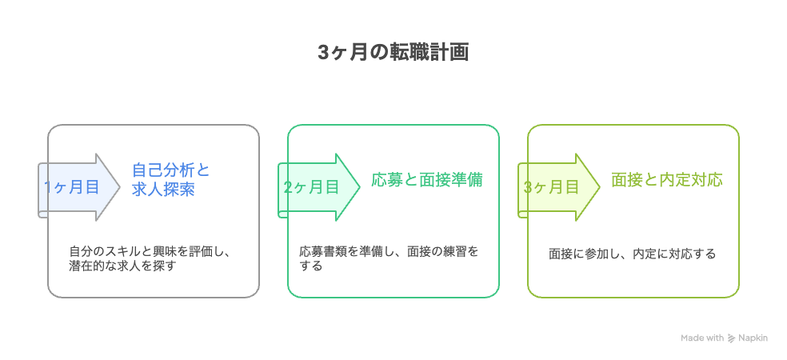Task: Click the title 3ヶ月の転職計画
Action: [393, 53]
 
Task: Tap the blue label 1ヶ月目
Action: [70, 187]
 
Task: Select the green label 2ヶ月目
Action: [311, 187]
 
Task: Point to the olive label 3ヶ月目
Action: [551, 187]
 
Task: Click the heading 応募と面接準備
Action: [427, 179]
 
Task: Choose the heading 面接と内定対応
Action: [667, 179]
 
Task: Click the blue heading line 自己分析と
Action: [171, 170]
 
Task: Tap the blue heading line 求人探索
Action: [163, 190]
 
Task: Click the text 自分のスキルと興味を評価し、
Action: [149, 251]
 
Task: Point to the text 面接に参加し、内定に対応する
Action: [632, 254]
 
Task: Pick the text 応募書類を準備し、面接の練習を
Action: [389, 251]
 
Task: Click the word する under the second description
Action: [310, 266]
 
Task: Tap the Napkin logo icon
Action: [731, 338]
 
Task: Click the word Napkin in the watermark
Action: [753, 338]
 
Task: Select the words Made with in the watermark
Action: [702, 338]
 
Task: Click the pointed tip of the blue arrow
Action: [120, 187]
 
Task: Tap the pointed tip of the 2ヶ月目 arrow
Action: [360, 187]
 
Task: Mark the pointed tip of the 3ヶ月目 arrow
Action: [600, 187]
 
